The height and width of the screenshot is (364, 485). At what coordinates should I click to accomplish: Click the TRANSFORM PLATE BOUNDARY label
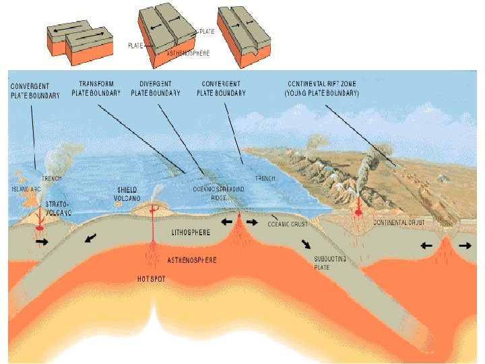point(96,88)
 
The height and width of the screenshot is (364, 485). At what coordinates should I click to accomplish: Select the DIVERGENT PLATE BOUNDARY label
point(156,88)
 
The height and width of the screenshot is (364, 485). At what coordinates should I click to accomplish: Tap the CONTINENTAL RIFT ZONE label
point(322,88)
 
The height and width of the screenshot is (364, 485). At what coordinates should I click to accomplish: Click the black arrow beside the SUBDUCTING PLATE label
point(306,244)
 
